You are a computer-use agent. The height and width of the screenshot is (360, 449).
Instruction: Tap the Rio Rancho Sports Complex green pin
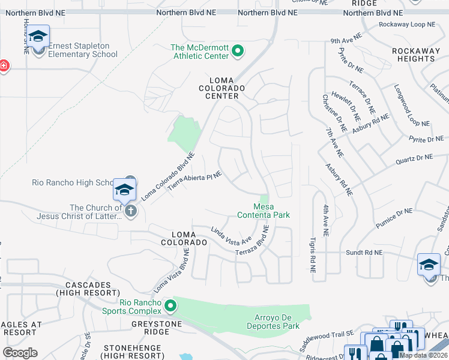[x=170, y=306]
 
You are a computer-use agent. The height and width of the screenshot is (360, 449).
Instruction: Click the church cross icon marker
[x=130, y=211]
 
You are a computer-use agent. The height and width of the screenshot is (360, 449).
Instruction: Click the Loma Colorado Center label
[x=226, y=88]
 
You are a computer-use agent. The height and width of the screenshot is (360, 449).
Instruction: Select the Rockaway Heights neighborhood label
[x=414, y=55]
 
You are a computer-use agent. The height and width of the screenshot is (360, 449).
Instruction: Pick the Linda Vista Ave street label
[x=231, y=236]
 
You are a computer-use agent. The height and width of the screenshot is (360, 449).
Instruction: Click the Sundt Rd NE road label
[x=364, y=253]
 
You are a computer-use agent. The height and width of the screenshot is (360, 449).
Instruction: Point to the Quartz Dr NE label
[x=414, y=158]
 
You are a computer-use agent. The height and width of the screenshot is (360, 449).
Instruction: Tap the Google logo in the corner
[x=20, y=353]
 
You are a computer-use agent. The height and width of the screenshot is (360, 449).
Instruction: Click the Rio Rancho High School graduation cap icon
[x=124, y=190]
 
